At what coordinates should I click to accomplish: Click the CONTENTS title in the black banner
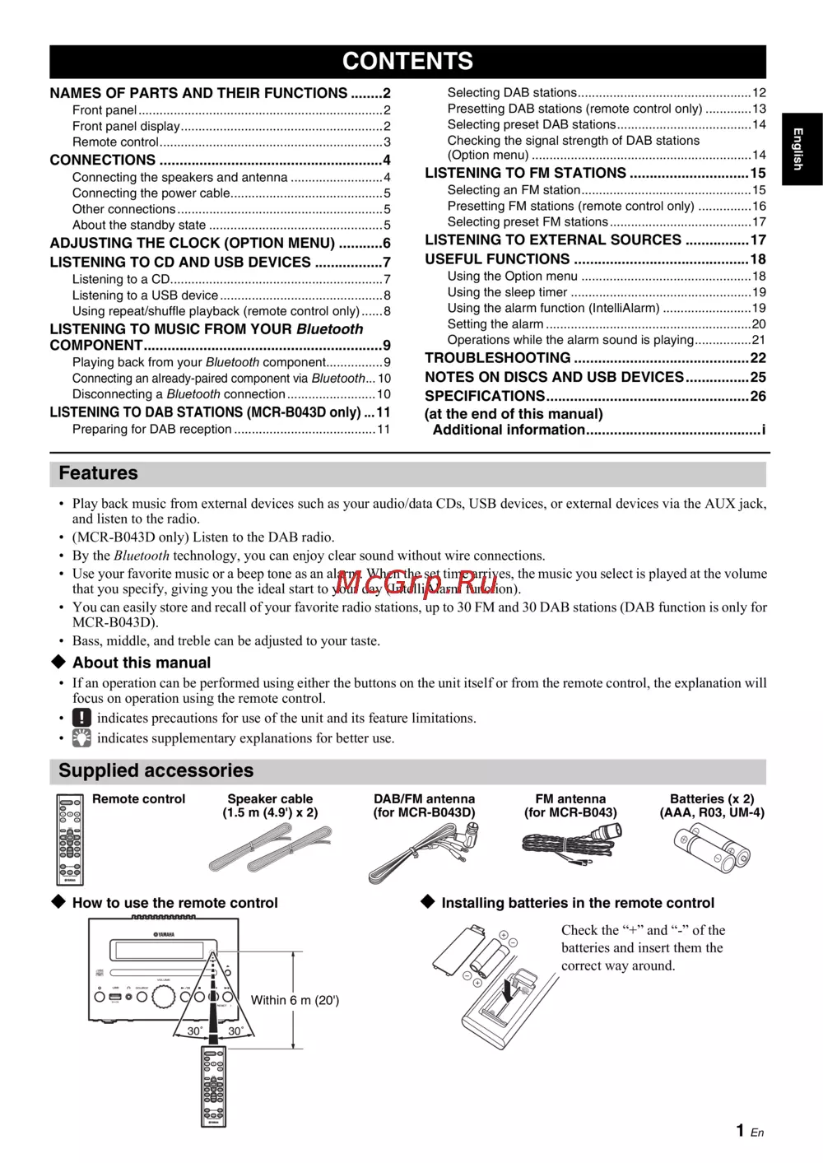(x=407, y=61)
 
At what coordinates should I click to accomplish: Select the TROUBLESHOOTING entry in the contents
(x=497, y=358)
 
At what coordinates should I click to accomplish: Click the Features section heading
(x=98, y=473)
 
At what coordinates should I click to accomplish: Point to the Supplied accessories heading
(x=156, y=770)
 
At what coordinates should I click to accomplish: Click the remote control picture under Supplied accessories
(x=70, y=839)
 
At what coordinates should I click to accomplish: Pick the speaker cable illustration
(x=270, y=848)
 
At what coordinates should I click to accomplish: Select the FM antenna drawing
(x=571, y=844)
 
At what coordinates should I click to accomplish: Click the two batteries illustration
(x=712, y=849)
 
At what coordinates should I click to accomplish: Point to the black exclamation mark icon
(x=81, y=717)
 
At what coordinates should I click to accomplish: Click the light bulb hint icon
(x=81, y=737)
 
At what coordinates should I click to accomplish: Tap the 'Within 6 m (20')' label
(x=295, y=1000)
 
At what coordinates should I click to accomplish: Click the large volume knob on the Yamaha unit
(x=163, y=996)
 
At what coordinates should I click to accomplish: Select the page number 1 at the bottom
(x=741, y=1130)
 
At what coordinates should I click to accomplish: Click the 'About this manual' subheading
(x=141, y=663)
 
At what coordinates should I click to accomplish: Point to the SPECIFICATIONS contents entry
(x=485, y=396)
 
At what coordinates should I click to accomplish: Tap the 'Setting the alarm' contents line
(x=495, y=324)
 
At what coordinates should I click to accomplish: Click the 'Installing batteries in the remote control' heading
(x=578, y=903)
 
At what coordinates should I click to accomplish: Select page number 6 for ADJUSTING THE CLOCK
(x=386, y=244)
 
